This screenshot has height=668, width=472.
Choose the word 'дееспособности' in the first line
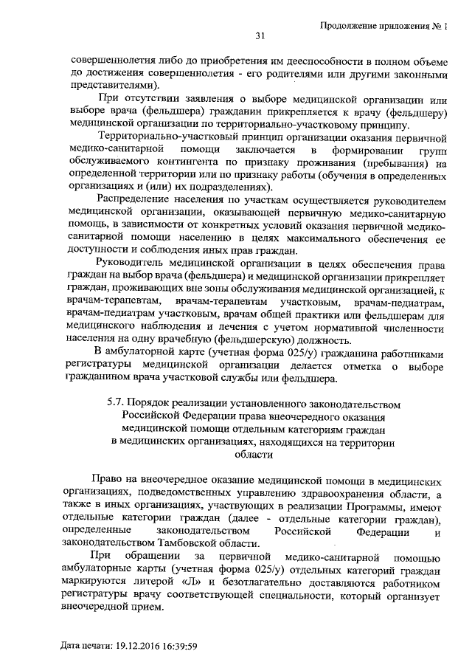pos(294,58)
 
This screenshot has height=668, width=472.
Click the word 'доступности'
pos(97,250)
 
